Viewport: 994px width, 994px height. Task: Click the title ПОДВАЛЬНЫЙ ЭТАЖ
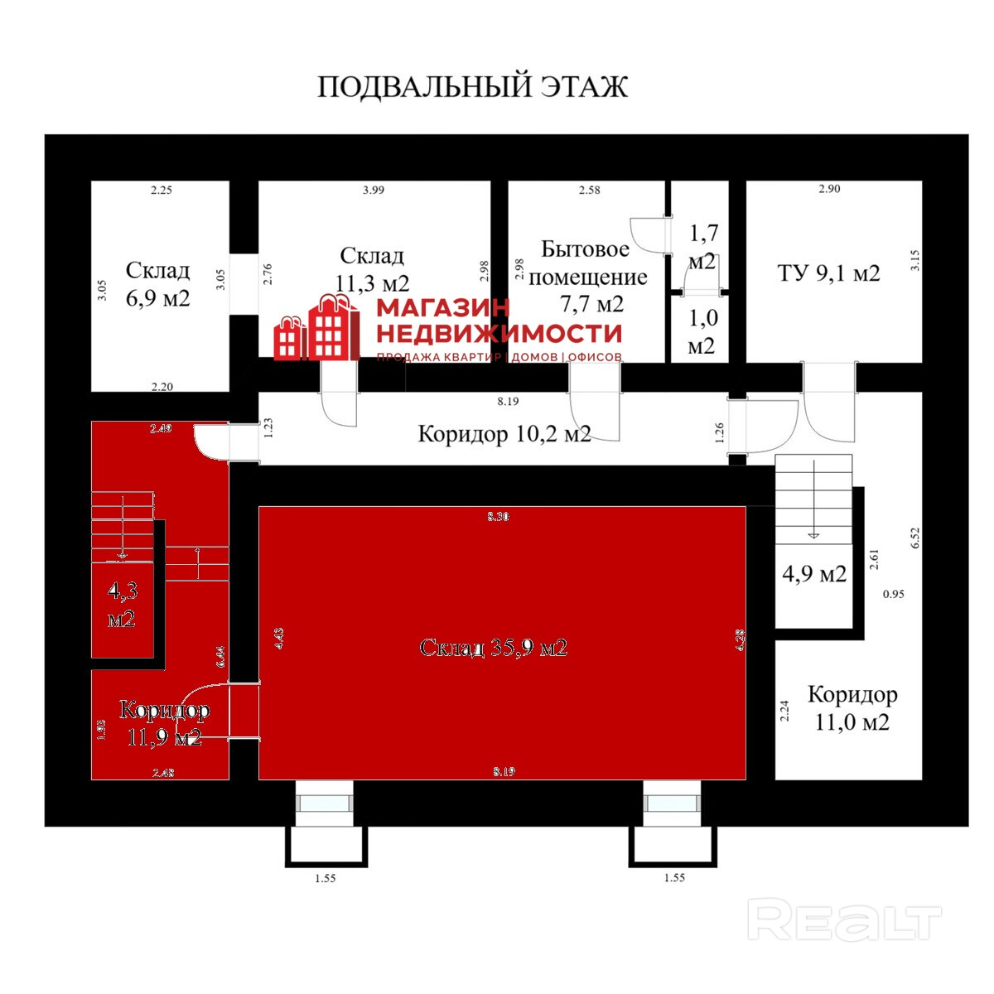(x=473, y=87)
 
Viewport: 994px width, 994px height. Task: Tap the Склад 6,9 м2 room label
(x=158, y=283)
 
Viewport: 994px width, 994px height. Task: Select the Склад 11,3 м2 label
(x=373, y=268)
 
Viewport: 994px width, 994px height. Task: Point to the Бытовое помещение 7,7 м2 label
(x=587, y=276)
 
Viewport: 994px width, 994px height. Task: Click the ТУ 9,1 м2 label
(x=828, y=273)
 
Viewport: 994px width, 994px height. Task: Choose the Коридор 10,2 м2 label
(x=504, y=433)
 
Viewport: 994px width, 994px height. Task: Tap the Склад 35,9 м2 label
(x=493, y=647)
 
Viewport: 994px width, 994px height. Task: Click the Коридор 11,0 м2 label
(x=852, y=707)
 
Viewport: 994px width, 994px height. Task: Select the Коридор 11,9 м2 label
(x=164, y=722)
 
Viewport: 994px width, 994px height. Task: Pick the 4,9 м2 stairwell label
(x=814, y=573)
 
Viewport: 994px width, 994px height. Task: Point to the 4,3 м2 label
(x=122, y=604)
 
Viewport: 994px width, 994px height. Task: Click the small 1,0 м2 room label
(x=702, y=331)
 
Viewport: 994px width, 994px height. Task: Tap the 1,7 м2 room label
(x=703, y=246)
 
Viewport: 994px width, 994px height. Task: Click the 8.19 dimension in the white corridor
(x=508, y=401)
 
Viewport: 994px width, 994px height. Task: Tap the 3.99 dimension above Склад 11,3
(x=374, y=190)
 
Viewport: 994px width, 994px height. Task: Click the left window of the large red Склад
(x=325, y=803)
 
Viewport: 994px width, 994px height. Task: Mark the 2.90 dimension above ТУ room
(x=829, y=189)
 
